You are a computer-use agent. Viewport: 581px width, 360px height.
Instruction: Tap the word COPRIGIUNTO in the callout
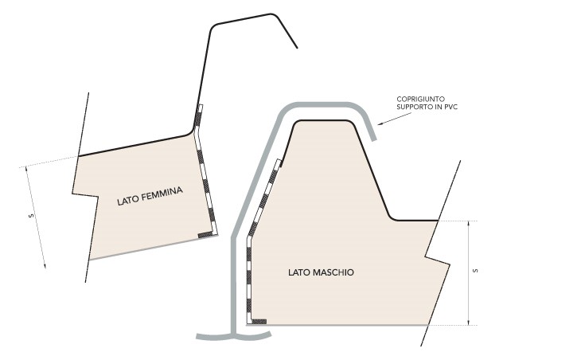[x=420, y=100]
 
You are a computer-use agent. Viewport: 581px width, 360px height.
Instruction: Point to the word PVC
[x=451, y=108]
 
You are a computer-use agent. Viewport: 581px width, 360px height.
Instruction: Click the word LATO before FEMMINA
[x=128, y=201]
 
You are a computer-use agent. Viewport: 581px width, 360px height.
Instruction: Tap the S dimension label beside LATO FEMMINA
[x=32, y=215]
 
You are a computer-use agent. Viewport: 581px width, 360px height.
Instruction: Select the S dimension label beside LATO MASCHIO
[x=476, y=271]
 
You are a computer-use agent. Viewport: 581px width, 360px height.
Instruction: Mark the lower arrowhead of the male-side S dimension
[x=469, y=323]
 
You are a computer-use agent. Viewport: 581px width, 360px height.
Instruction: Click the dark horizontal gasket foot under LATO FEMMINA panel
[x=205, y=235]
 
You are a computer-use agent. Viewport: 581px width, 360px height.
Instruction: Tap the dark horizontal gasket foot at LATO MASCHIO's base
[x=259, y=322]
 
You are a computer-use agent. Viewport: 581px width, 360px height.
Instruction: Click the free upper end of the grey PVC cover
[x=375, y=139]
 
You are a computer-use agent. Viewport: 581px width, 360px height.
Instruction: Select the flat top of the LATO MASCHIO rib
[x=322, y=120]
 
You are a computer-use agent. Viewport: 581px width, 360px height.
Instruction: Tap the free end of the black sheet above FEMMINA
[x=297, y=48]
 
